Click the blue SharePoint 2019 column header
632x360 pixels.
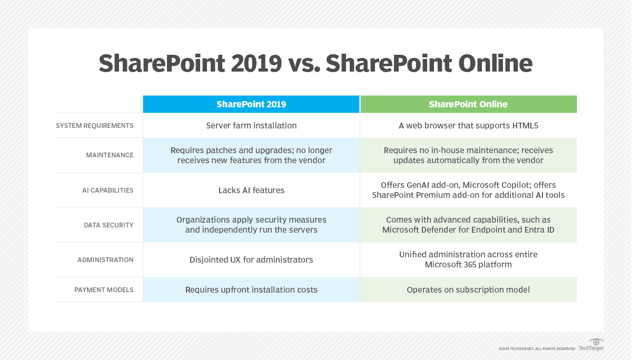(x=251, y=104)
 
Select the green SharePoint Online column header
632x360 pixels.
(x=468, y=104)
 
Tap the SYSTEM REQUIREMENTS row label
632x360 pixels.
(x=95, y=126)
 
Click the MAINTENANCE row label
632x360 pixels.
(x=110, y=155)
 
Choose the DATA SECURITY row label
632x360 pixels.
(x=108, y=225)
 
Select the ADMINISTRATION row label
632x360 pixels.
(x=105, y=260)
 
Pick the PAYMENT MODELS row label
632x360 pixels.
(x=104, y=290)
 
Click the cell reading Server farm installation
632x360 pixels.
(x=251, y=126)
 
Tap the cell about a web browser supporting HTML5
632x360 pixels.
(x=468, y=126)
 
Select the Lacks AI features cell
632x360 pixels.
(x=251, y=190)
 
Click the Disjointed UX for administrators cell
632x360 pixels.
(x=251, y=260)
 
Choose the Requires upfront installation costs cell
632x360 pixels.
(x=251, y=290)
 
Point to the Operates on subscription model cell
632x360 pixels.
(x=468, y=290)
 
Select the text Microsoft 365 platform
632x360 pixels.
(x=468, y=265)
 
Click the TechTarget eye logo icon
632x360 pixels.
(x=596, y=342)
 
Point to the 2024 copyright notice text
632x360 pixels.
(x=537, y=348)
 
